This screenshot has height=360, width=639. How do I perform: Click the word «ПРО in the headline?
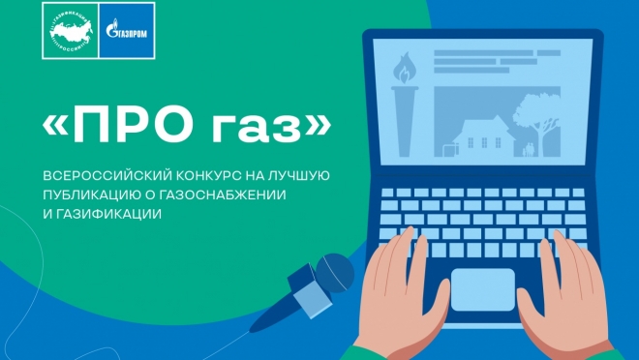click(124, 125)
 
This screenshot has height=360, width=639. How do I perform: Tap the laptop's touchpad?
click(481, 287)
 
